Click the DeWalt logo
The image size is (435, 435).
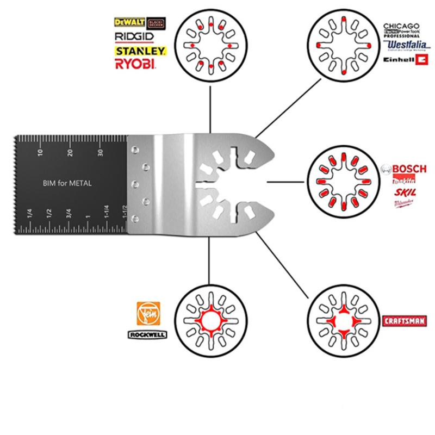[127, 22]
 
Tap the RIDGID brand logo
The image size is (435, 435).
[134, 36]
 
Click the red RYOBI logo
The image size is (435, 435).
[135, 64]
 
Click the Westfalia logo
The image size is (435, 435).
[401, 46]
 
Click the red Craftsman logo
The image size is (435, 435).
[403, 321]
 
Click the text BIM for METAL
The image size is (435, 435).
[67, 184]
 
